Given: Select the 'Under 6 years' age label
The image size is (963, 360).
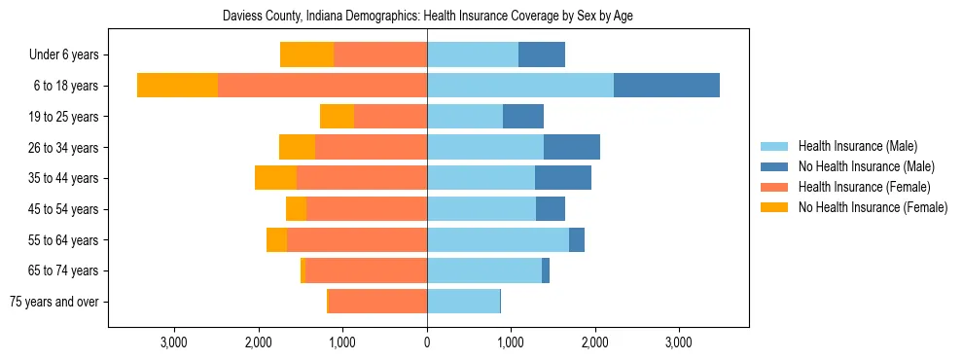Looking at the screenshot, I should coord(70,55).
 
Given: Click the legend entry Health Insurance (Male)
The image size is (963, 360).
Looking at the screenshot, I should coord(856,146).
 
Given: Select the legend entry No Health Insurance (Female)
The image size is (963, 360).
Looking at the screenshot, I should coord(873,207).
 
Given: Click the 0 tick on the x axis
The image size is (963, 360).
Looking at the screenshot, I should coord(427,342).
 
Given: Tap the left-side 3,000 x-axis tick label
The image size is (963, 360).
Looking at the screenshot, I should coord(174,342).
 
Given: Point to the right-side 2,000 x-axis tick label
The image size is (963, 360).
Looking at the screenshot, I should coord(595,342).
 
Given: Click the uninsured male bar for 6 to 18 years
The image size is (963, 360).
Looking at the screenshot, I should coord(666,86).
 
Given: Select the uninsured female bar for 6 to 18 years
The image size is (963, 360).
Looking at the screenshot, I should coord(177,86).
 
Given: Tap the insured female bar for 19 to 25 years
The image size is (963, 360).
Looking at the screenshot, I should coord(390,117).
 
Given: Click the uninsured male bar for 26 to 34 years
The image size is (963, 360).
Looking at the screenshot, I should coord(572,147).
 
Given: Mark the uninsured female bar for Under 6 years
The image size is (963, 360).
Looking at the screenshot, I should coord(306,55).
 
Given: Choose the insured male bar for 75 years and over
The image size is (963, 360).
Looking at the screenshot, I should coord(463,302).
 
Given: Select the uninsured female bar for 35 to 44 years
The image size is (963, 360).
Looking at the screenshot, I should coord(275,178).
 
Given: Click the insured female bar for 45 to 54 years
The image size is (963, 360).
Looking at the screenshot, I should coord(367,209).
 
